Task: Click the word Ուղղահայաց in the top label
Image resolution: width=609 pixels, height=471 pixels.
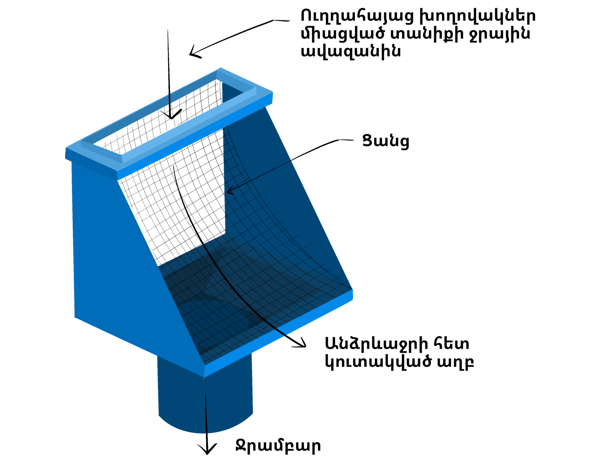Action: pos(357,16)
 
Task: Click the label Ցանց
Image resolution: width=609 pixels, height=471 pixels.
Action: pos(386,141)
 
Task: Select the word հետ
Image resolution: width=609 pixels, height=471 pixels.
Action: pos(453,343)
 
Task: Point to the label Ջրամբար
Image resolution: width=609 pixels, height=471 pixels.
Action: pos(278,446)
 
